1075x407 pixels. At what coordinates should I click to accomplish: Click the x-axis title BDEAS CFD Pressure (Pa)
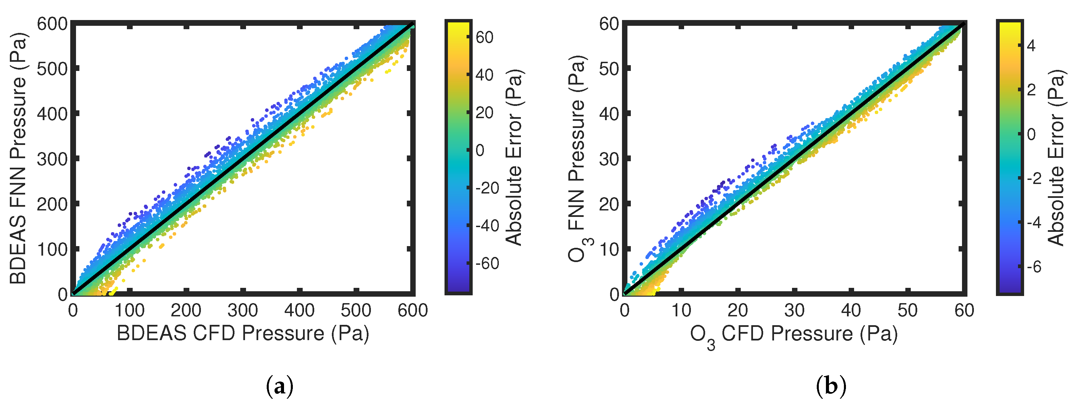[x=243, y=333]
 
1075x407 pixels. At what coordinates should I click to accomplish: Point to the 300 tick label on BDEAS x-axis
[x=243, y=311]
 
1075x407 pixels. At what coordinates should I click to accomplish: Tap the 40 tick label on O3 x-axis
[x=850, y=311]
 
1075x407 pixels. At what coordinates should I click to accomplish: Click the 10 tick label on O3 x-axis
[x=681, y=311]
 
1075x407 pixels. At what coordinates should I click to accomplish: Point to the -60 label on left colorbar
[x=487, y=263]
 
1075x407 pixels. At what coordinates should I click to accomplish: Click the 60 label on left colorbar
[x=485, y=38]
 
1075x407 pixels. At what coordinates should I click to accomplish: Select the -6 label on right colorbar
[x=1034, y=266]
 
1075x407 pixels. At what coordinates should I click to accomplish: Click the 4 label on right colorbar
[x=1031, y=45]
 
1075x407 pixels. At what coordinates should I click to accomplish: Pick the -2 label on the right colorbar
[x=1034, y=179]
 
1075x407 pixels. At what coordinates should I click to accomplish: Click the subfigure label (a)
[x=279, y=386]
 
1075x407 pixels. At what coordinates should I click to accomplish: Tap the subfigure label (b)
[x=831, y=386]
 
